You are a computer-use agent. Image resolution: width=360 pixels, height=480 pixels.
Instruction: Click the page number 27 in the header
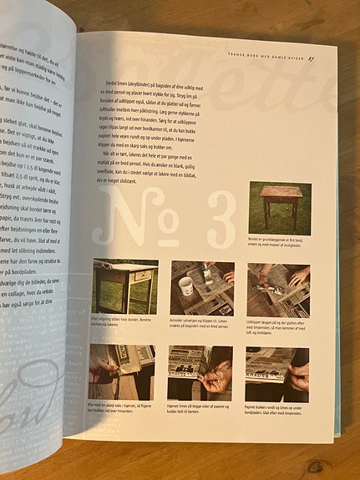pyautogui.click(x=311, y=58)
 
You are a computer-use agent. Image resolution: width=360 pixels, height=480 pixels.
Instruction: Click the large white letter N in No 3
pyautogui.click(x=125, y=218)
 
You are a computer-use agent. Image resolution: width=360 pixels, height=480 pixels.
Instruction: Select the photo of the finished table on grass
pyautogui.click(x=279, y=209)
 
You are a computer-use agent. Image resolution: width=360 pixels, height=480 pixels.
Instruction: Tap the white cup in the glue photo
pyautogui.click(x=185, y=285)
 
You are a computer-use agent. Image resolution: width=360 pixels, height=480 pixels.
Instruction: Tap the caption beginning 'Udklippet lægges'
pyautogui.click(x=277, y=325)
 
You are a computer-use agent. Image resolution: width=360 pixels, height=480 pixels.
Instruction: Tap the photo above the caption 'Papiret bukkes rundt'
pyautogui.click(x=276, y=371)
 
